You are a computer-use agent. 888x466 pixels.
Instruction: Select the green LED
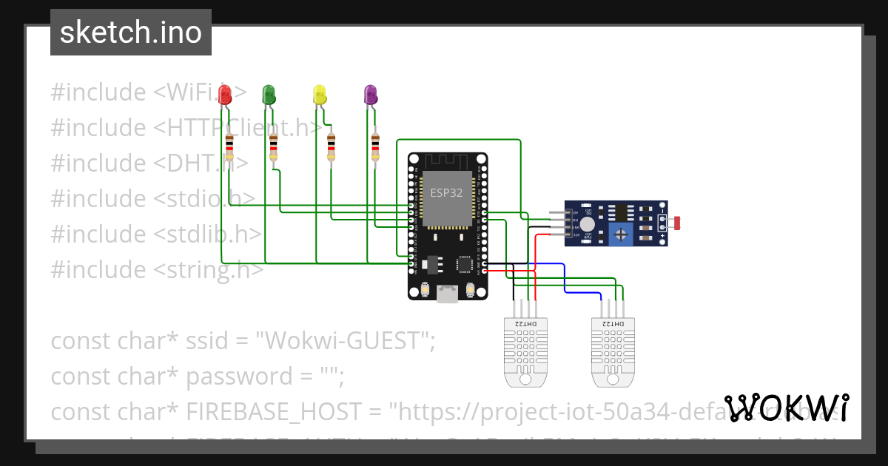tap(269, 94)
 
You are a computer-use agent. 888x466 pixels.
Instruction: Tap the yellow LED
tap(319, 94)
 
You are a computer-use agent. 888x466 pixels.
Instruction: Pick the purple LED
tap(370, 94)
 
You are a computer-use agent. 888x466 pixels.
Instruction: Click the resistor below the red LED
tap(229, 146)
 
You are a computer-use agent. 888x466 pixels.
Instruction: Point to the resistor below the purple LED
tap(375, 146)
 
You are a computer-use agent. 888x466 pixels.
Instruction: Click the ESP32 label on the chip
tap(445, 192)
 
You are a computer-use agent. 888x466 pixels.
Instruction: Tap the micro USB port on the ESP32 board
tap(447, 294)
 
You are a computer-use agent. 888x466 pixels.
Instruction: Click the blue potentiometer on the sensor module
tap(622, 235)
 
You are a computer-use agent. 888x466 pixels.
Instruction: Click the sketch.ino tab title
tap(131, 33)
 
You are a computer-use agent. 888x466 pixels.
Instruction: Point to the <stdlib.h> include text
tap(208, 234)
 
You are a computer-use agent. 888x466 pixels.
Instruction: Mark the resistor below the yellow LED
tap(331, 146)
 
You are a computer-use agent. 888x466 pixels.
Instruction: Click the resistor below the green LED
tap(274, 146)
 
